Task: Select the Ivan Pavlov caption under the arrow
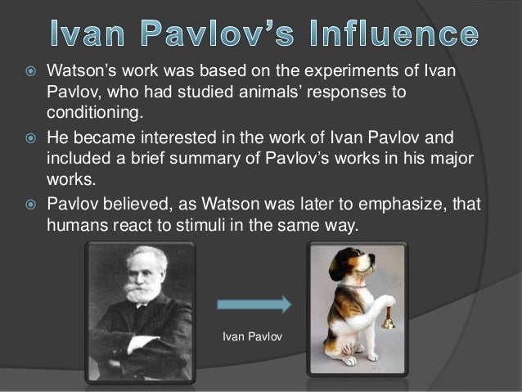click(x=253, y=336)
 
